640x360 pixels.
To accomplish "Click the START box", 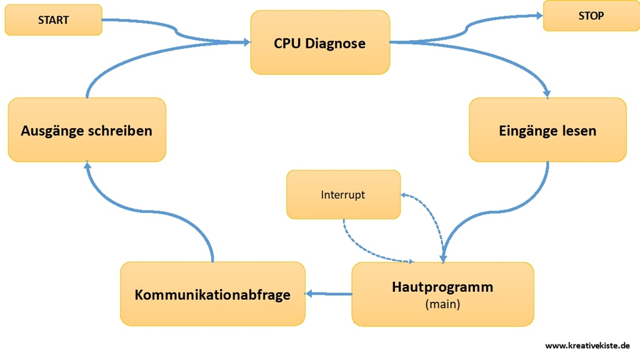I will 53,20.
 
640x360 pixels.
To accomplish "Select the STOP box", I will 591,16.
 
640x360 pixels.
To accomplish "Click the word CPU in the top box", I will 287,43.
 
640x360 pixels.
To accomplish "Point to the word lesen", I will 577,131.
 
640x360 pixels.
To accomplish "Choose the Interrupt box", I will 343,194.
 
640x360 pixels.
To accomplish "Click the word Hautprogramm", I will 442,287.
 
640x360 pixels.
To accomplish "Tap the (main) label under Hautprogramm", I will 442,304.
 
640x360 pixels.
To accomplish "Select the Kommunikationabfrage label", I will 212,294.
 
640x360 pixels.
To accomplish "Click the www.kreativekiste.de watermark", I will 587,346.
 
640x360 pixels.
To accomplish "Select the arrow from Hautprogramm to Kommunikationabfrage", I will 329,294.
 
